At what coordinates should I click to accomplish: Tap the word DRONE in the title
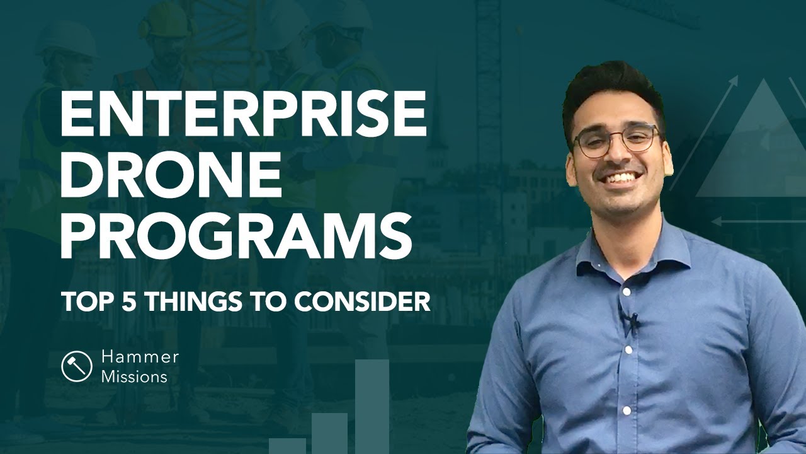click(170, 172)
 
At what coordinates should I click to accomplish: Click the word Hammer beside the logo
click(140, 358)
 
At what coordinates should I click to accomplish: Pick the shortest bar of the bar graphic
click(287, 445)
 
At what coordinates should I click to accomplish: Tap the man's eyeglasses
click(617, 141)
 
